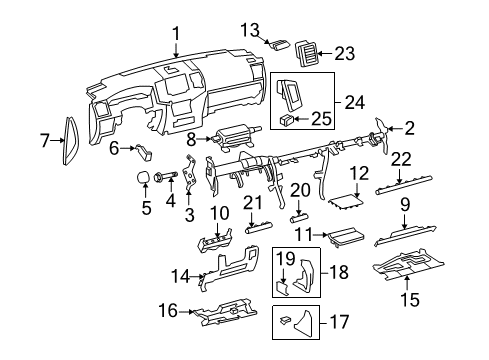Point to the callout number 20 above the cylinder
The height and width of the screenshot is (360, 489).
(300, 189)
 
